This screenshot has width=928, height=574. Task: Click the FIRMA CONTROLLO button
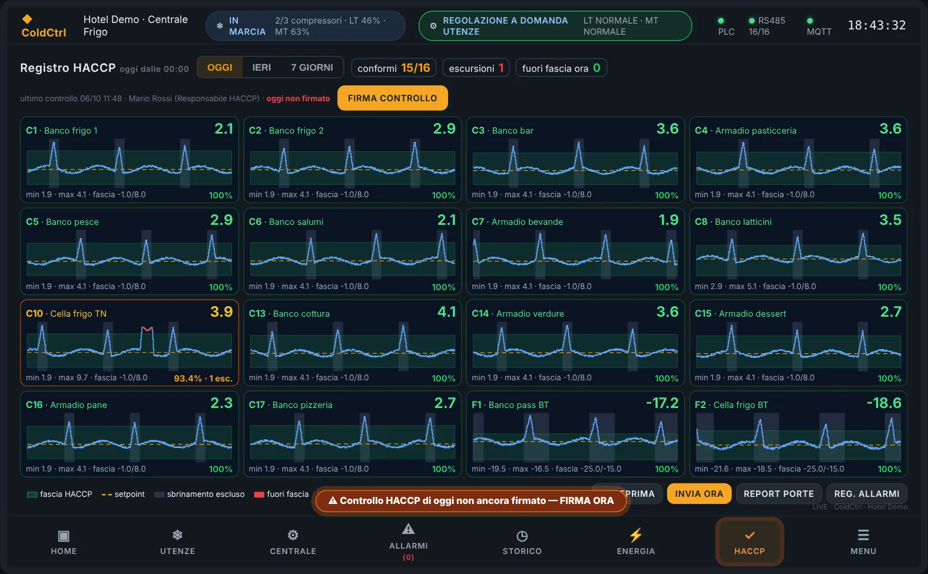tap(392, 98)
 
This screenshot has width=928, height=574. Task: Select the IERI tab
tap(261, 68)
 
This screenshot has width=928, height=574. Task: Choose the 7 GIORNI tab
tap(311, 68)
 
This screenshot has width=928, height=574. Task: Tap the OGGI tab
tap(220, 68)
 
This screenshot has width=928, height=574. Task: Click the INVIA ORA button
tap(699, 494)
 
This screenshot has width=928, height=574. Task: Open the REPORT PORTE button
tap(778, 494)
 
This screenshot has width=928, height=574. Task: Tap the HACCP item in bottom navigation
tap(750, 542)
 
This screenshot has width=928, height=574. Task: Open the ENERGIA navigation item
tap(635, 542)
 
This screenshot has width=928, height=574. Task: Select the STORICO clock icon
tap(522, 536)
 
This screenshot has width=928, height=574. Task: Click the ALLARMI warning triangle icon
tap(408, 529)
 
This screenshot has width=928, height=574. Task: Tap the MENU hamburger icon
tap(863, 535)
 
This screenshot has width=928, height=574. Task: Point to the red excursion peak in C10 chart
tap(147, 329)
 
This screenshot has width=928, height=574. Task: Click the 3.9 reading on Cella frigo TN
tap(221, 312)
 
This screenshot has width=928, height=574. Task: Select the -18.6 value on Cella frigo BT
tap(884, 403)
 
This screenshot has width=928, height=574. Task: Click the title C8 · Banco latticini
tap(733, 222)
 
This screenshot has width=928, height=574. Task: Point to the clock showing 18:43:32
tap(877, 25)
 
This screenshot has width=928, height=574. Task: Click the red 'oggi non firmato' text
tap(298, 98)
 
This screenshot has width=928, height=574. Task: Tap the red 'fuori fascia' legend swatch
tap(259, 495)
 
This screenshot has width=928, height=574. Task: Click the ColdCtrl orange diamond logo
tap(27, 19)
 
